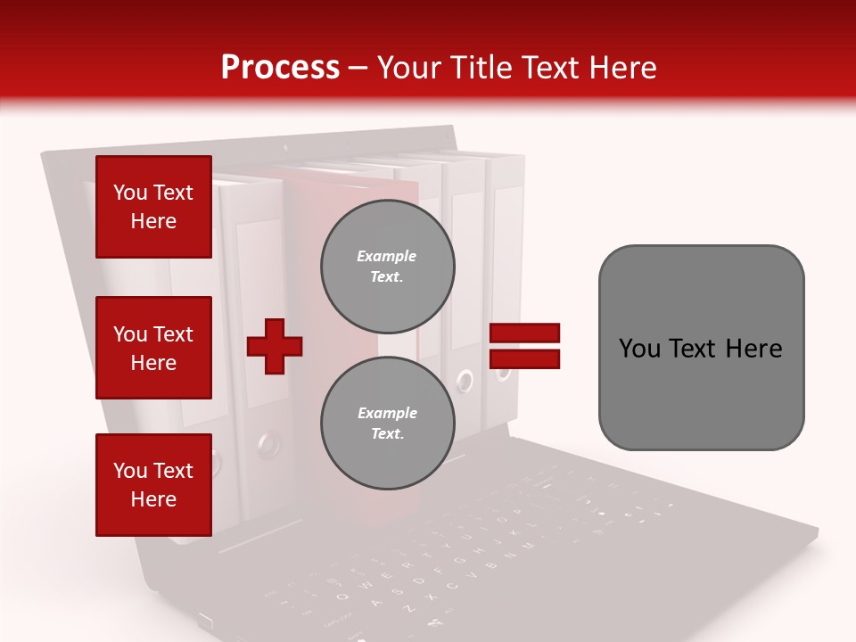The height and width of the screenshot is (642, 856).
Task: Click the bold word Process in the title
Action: pos(280,68)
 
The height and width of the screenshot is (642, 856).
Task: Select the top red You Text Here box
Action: pos(153,207)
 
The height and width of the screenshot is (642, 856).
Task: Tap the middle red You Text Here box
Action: pos(153,348)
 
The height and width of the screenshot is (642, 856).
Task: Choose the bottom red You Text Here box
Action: pos(153,484)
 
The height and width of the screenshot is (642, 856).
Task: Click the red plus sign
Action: pos(275,346)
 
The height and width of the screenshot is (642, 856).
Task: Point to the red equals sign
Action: pos(524,346)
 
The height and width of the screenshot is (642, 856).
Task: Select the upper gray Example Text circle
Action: pos(387,267)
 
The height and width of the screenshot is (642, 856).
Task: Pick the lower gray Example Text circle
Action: pos(387,424)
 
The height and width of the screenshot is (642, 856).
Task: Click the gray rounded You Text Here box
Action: pos(701,348)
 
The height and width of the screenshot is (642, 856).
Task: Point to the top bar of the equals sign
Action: pos(524,333)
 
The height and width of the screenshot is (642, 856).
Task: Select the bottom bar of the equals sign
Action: pos(524,358)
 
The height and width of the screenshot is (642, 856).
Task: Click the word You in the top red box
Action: pos(130,193)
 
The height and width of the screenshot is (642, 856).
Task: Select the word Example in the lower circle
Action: pos(387,413)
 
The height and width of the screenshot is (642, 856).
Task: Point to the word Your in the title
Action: pos(410,68)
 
